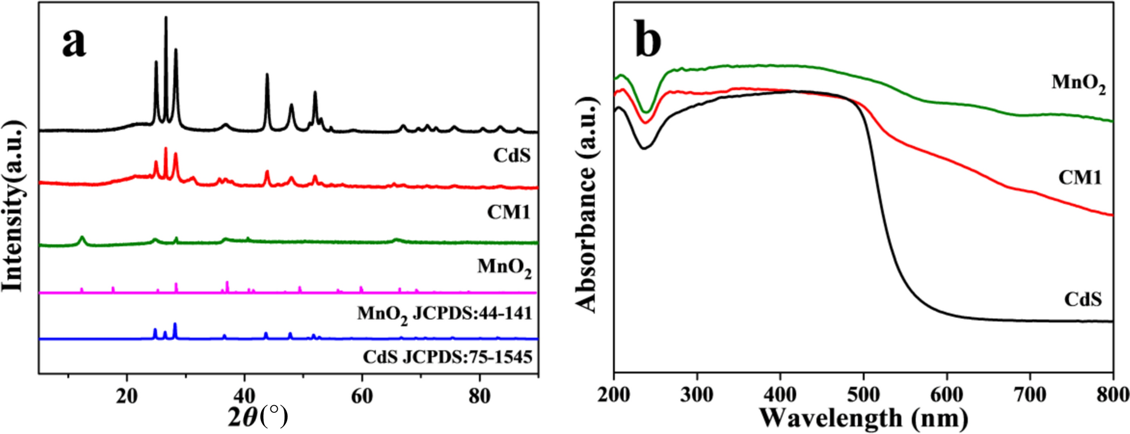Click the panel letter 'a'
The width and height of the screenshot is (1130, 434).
point(74,43)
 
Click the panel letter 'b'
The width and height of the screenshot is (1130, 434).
point(648,40)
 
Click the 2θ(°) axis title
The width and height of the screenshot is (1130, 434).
point(258,417)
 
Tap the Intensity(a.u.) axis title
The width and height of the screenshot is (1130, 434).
point(13,205)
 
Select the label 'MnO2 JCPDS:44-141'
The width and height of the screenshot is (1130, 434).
point(445,314)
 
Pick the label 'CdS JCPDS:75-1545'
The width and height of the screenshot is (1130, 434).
point(447,356)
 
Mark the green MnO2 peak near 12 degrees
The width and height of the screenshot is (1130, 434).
point(82,239)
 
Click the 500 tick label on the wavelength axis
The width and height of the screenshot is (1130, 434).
point(863,396)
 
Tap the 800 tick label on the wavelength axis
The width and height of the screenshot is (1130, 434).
point(1112,396)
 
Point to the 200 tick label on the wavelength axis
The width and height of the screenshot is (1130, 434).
point(614,396)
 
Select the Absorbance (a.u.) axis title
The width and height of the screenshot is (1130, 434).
point(587,205)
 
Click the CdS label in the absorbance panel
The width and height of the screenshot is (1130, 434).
point(1083,299)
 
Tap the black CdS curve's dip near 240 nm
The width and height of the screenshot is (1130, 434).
point(644,148)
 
